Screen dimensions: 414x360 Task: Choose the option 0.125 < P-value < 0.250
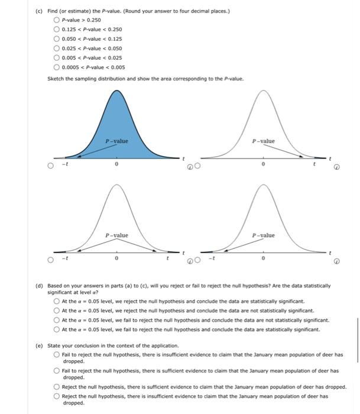[x=57, y=30]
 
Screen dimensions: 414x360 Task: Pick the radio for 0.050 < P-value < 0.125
[x=57, y=38]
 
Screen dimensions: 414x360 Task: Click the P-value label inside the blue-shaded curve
[x=116, y=141]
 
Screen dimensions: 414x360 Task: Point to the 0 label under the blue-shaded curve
[x=116, y=166]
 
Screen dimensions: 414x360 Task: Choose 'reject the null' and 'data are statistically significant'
[x=57, y=301]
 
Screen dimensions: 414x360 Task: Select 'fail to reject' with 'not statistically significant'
[x=57, y=320]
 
